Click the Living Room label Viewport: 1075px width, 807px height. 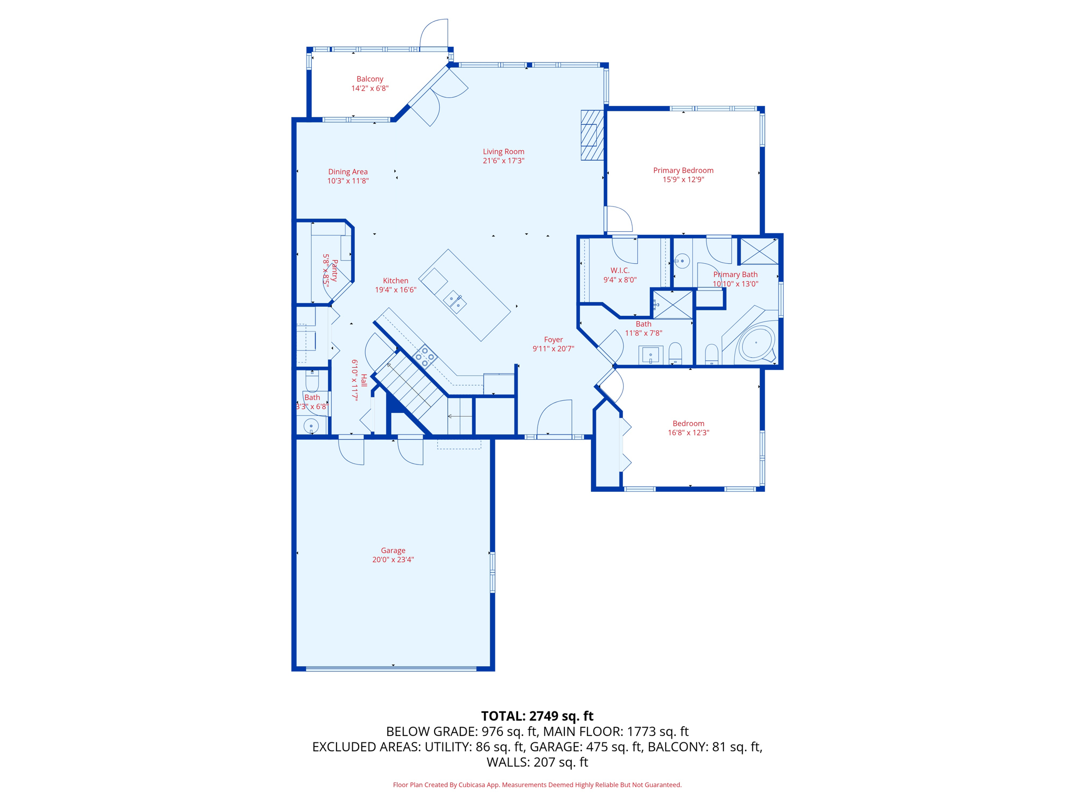(503, 152)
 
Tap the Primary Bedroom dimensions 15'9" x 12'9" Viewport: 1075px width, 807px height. (683, 180)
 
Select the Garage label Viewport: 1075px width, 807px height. (393, 551)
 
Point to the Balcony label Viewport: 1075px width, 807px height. (370, 79)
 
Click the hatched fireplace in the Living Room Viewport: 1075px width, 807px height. (592, 135)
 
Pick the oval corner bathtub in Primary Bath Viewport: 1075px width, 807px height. (756, 343)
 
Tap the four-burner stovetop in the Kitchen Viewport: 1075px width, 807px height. (425, 356)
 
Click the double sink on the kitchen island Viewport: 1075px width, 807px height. (455, 302)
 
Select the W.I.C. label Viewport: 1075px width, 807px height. (620, 271)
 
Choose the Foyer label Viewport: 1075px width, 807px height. (553, 340)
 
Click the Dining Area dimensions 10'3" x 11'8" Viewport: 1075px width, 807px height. (348, 181)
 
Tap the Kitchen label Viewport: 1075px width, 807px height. (395, 281)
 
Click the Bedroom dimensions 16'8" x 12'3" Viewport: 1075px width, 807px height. (688, 433)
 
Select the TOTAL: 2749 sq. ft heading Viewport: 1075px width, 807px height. (537, 716)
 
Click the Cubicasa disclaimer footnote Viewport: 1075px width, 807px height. (537, 785)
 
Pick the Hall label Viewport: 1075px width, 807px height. (364, 380)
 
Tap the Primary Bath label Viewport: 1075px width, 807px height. (735, 275)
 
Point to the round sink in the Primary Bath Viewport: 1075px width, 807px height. (682, 261)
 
